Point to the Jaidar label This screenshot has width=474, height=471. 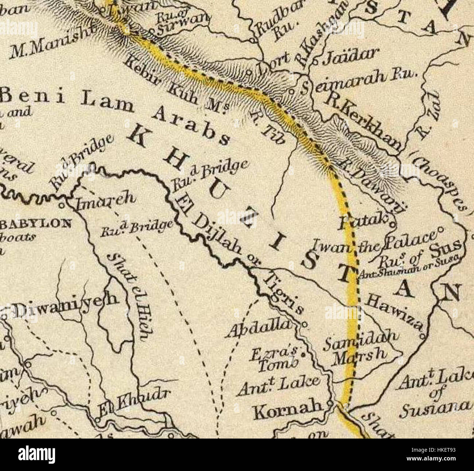[346, 55]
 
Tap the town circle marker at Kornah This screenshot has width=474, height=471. [330, 403]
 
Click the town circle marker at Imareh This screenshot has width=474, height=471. [62, 205]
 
